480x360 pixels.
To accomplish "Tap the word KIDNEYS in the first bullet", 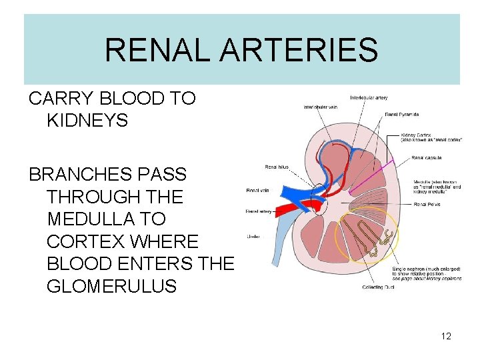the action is [87, 121].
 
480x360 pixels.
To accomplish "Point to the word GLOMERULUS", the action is [112, 287].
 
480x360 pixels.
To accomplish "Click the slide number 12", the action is [446, 336].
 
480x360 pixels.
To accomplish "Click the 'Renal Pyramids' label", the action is [402, 114].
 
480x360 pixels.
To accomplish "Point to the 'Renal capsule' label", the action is [427, 158].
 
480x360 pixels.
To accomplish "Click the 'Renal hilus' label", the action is [276, 167].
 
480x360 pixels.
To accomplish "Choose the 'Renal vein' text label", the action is [258, 191].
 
